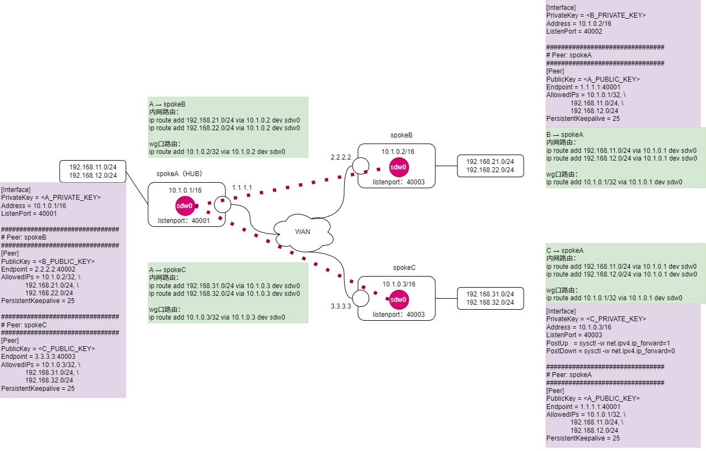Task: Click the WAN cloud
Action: (x=303, y=232)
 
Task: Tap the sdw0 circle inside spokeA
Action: (x=185, y=206)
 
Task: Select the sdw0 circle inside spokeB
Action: (x=399, y=167)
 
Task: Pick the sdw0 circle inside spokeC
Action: (x=398, y=300)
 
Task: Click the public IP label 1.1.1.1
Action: (x=242, y=188)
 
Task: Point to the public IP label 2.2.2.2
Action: (x=341, y=157)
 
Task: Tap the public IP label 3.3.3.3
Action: (x=341, y=306)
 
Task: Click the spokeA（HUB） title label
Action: (x=180, y=173)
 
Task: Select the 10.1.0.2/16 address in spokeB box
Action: (x=398, y=151)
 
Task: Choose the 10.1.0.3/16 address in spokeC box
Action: (x=399, y=284)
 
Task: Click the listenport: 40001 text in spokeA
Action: (x=184, y=220)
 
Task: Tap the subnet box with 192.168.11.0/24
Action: (x=93, y=171)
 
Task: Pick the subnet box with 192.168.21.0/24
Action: (x=490, y=166)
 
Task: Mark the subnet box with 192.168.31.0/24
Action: (x=490, y=298)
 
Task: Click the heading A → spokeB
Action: (x=167, y=104)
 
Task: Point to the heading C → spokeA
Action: (x=565, y=251)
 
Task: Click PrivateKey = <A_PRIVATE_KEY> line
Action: (x=51, y=197)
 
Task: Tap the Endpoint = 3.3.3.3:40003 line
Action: (x=38, y=356)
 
